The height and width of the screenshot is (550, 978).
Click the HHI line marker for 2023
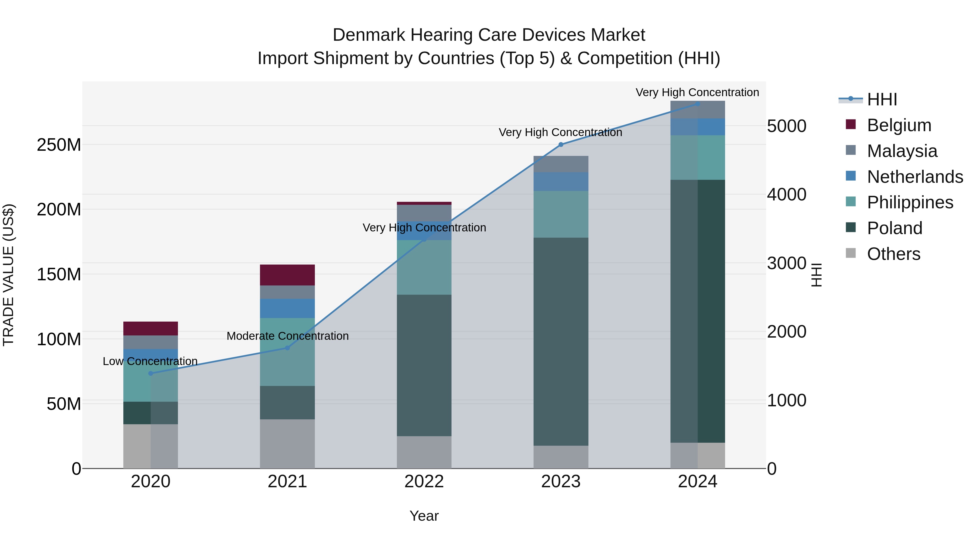[x=561, y=144]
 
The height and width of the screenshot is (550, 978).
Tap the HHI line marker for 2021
[x=287, y=348]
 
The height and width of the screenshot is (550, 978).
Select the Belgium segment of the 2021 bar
[x=287, y=275]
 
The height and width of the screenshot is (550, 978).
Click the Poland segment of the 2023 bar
[x=561, y=342]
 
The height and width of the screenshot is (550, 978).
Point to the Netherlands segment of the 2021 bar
[x=287, y=308]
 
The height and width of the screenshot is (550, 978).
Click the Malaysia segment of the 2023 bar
[x=561, y=164]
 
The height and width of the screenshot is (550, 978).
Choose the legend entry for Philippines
[x=910, y=202]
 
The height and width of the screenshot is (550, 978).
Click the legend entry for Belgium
[x=899, y=125]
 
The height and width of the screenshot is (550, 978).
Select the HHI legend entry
[x=882, y=99]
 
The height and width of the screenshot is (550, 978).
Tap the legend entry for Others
[x=893, y=254]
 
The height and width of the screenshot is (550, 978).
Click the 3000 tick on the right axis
[x=786, y=263]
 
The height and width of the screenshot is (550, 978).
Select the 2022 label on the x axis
[x=424, y=482]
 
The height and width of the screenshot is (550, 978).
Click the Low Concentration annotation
[x=150, y=361]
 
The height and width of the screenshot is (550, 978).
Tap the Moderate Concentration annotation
[x=287, y=336]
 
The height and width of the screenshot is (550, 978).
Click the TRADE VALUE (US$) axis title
[x=8, y=275]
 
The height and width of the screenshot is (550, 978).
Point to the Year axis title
[x=424, y=516]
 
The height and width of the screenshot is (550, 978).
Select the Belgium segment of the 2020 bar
[x=150, y=328]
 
